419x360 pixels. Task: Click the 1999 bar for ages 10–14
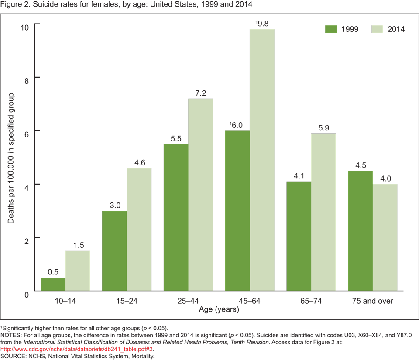click(x=53, y=284)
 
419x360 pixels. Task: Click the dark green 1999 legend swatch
click(x=332, y=29)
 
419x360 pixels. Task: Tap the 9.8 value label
click(x=262, y=23)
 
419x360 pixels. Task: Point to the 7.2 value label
click(x=200, y=93)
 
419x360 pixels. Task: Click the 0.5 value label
click(x=53, y=271)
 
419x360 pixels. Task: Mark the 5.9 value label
click(x=323, y=127)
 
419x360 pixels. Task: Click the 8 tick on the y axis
click(x=26, y=78)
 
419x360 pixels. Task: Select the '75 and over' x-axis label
click(x=372, y=301)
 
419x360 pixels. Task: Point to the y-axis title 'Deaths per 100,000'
click(x=11, y=158)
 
